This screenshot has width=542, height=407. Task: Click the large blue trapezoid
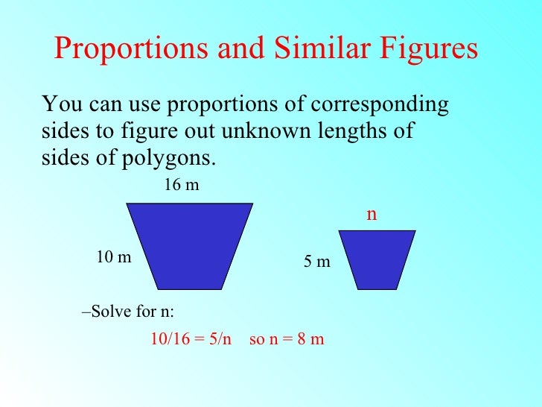pos(190,245)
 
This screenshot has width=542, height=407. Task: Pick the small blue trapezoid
pos(377,259)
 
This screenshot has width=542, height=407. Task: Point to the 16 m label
pos(181,185)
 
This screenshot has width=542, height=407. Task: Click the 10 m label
pos(114,258)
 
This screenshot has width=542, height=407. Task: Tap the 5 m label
pos(316,262)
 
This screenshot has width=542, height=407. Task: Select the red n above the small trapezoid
pos(372,215)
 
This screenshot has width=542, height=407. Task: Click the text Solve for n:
pos(128,311)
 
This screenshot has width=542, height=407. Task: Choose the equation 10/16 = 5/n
pos(191,339)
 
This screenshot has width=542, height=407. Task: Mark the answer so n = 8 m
pos(287,339)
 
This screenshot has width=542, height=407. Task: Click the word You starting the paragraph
pos(60,104)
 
